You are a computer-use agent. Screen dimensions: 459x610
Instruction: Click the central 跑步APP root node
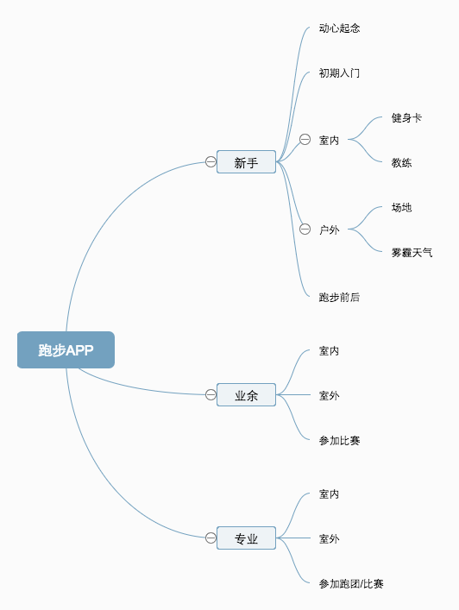pos(66,349)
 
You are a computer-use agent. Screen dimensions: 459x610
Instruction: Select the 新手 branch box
pos(246,162)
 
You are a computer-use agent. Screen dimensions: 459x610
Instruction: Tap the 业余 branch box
pos(246,395)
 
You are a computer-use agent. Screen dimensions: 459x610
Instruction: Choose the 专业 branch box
pos(246,538)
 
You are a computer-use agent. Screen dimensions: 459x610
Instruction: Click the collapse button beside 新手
pos(211,162)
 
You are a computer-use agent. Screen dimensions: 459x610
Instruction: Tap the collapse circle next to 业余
pos(211,395)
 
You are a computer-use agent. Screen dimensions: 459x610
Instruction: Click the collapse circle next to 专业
pos(211,538)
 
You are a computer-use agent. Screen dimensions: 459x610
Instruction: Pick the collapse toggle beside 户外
pos(305,230)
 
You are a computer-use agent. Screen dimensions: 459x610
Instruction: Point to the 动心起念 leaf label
pos(339,28)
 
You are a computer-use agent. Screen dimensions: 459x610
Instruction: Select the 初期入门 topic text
pos(339,73)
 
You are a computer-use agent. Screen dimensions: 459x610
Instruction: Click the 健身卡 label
pos(406,118)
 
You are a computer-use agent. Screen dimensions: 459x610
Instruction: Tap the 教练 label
pos(401,162)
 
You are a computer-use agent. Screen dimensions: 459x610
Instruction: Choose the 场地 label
pos(401,207)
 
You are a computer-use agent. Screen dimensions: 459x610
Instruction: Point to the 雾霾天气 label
pos(412,253)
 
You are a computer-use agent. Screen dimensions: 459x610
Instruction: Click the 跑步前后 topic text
pos(339,297)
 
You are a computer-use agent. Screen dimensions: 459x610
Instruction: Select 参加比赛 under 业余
pos(339,440)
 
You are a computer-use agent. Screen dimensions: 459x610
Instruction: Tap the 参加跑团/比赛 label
pos(351,583)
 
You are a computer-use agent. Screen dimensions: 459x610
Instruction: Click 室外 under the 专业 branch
pos(329,538)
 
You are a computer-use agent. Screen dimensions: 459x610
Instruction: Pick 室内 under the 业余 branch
pos(329,351)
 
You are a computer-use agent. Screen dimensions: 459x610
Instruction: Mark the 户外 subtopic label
pos(329,230)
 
